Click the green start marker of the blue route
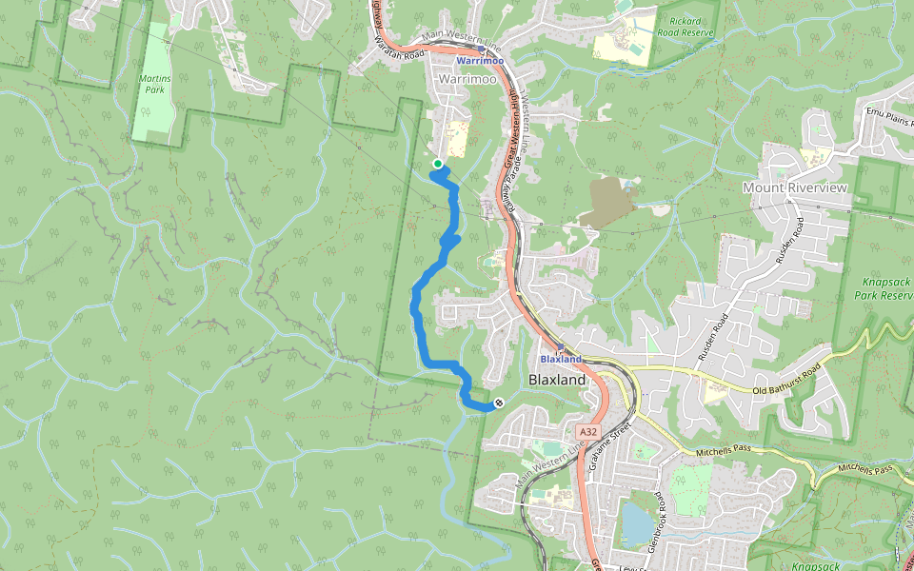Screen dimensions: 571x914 (437, 164)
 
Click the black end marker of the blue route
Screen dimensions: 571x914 (498, 403)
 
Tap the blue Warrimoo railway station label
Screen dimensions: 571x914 (480, 61)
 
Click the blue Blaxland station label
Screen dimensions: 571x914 (561, 360)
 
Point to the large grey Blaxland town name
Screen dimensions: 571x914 (557, 379)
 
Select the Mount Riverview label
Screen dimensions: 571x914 (794, 187)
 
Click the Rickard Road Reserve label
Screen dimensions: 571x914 (685, 27)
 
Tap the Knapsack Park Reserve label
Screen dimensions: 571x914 (885, 289)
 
